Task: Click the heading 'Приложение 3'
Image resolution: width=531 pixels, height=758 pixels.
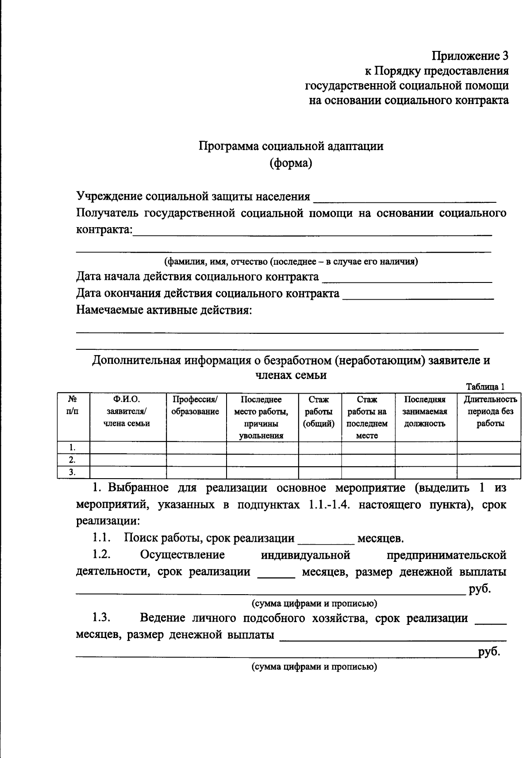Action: (x=470, y=56)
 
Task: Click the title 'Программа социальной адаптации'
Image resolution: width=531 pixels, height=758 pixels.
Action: (x=291, y=147)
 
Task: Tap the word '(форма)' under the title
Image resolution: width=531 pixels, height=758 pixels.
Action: (x=291, y=163)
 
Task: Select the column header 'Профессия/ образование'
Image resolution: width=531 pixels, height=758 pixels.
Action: (x=196, y=406)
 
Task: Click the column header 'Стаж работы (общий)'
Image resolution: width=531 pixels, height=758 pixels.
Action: (x=319, y=412)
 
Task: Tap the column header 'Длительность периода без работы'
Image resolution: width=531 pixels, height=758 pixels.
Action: (x=490, y=412)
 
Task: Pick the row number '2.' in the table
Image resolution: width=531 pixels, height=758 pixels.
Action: (x=72, y=460)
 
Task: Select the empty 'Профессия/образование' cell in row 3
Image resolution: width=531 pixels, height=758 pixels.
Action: (x=196, y=472)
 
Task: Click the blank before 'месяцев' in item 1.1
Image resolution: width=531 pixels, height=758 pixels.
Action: (x=327, y=540)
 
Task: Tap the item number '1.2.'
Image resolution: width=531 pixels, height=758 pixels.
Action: (x=101, y=555)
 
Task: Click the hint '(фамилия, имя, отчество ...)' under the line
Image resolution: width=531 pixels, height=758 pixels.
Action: (x=291, y=261)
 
